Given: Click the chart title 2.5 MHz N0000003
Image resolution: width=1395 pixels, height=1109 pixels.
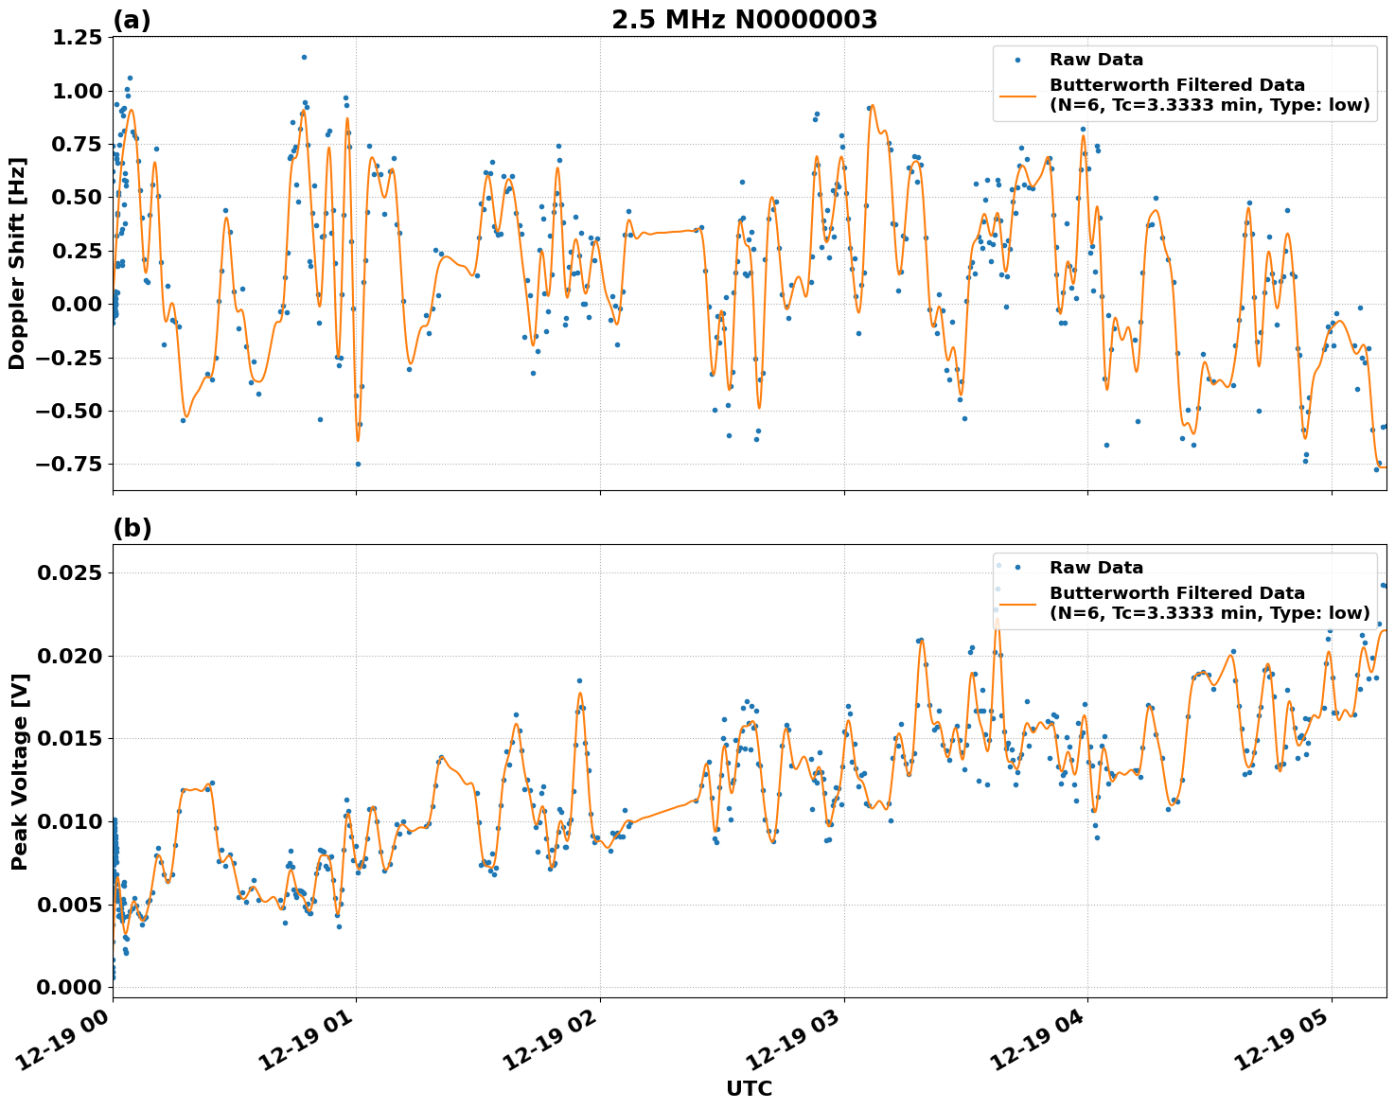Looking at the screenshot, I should [744, 20].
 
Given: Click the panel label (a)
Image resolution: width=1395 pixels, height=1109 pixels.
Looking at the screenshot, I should [132, 20].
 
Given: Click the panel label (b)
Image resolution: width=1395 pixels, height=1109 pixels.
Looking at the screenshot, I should [132, 528].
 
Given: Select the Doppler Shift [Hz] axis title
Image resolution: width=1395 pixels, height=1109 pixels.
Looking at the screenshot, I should [17, 263].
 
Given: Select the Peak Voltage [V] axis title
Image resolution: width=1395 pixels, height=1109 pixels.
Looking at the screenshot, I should [19, 771].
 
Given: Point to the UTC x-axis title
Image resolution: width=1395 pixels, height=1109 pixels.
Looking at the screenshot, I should [749, 1088].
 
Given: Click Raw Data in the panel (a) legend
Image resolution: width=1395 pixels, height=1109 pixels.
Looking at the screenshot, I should [1096, 60].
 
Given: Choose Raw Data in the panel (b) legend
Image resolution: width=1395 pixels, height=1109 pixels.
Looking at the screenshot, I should [1096, 568].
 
